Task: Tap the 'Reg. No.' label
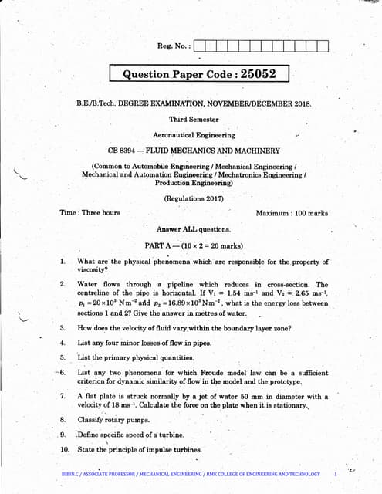174,46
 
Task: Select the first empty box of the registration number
202,46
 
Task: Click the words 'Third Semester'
194,120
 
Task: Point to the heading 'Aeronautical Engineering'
194,135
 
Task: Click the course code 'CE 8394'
123,151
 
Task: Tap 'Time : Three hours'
90,213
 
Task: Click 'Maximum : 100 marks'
291,213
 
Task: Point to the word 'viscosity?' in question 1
94,270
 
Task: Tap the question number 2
62,284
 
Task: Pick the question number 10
64,449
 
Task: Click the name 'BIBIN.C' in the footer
74,473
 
